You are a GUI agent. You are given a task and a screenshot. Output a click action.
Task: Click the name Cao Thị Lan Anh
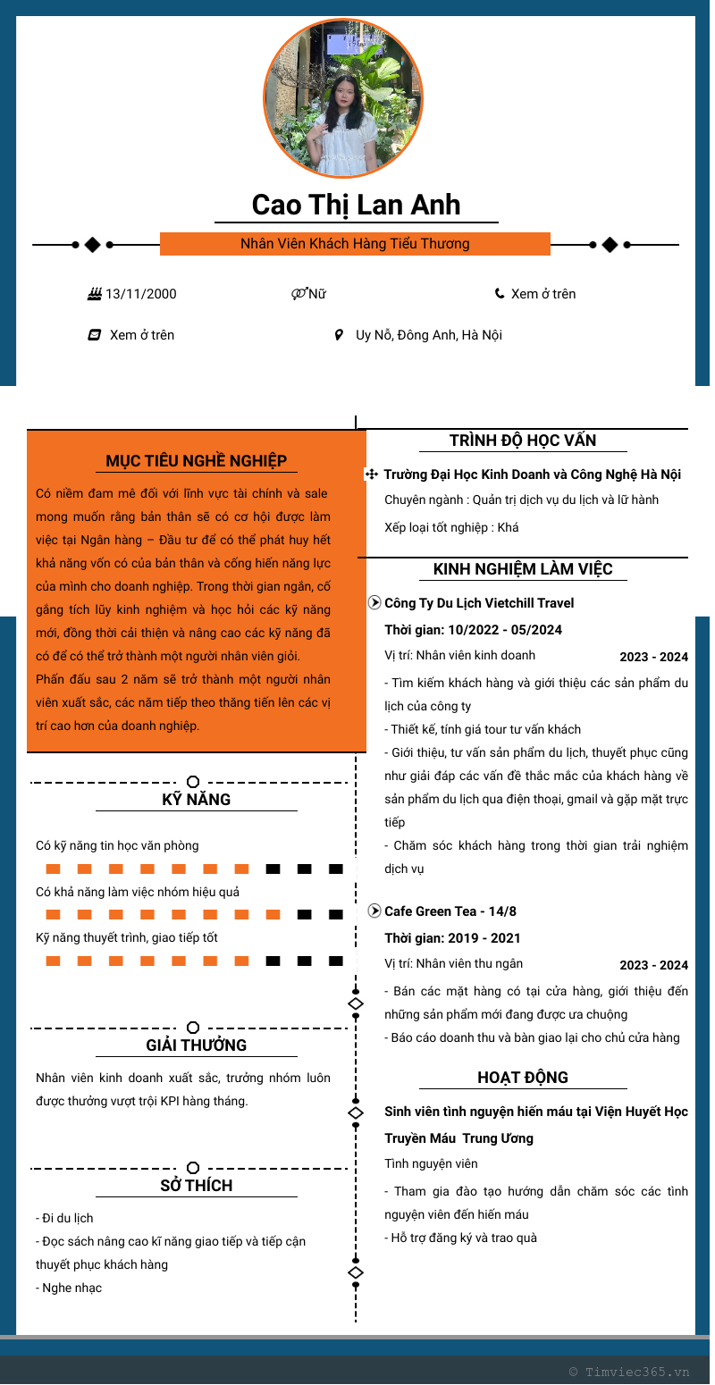[356, 205]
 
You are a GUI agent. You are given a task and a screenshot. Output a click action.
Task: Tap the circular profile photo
[344, 98]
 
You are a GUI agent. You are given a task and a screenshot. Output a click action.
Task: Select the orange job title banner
[355, 244]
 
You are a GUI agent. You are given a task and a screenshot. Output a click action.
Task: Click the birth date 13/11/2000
[140, 294]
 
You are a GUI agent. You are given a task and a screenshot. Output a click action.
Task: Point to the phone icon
[500, 293]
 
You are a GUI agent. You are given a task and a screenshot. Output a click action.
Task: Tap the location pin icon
[339, 335]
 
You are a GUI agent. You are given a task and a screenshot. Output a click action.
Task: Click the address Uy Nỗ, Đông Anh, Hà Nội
[429, 335]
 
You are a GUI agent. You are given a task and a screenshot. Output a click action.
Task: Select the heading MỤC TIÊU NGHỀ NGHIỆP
[197, 461]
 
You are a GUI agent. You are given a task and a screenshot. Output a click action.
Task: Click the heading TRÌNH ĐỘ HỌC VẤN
[523, 441]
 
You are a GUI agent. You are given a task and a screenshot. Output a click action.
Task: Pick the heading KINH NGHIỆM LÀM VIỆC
[523, 569]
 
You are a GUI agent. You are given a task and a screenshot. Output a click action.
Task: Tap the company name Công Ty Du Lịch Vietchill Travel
[479, 603]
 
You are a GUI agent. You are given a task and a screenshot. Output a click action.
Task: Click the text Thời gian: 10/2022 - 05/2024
[474, 630]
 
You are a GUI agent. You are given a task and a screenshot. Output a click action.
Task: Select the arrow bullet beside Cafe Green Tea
[374, 911]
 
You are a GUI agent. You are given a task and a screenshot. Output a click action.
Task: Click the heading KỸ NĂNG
[197, 800]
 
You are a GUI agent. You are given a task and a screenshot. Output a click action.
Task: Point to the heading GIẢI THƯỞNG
[197, 1045]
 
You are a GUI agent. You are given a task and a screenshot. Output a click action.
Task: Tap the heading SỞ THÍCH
[197, 1186]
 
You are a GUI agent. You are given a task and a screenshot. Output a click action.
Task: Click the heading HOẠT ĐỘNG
[523, 1078]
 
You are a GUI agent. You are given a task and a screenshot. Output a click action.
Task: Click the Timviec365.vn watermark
[629, 1372]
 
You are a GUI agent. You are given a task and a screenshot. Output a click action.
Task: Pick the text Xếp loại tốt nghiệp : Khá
[451, 527]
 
